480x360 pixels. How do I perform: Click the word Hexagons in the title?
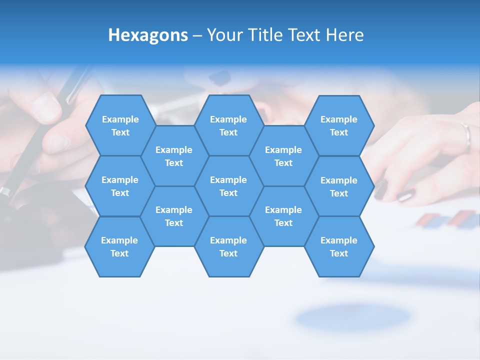pos(148,35)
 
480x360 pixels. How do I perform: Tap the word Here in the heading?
pos(344,35)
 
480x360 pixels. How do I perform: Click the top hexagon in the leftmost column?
pos(120,125)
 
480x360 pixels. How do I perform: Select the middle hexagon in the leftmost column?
pos(120,186)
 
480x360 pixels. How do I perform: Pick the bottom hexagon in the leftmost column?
pos(119,246)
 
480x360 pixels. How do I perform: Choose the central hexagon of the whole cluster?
pos(228,186)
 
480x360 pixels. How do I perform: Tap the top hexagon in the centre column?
pos(228,125)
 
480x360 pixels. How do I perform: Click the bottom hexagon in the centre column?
pos(228,246)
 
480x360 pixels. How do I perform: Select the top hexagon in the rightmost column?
pos(339,125)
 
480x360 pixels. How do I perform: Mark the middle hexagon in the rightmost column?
pos(339,186)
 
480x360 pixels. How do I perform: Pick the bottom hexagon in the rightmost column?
pos(339,246)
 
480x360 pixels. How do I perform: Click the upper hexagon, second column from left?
pos(174,156)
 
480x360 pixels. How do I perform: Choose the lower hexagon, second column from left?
pos(174,216)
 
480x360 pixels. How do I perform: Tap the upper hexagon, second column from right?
pos(283,156)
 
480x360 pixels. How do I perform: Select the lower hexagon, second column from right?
pos(283,216)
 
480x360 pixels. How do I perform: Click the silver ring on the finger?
pos(466,136)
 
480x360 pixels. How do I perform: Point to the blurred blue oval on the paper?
pos(352,317)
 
